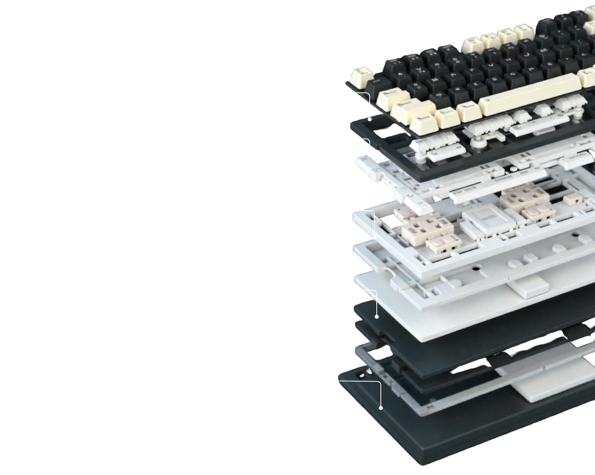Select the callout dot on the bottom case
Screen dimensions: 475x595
point(381,408)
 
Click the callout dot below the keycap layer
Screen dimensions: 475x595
point(370,119)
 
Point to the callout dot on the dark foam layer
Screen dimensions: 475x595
point(377,317)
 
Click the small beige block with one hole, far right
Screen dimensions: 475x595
point(572,200)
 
